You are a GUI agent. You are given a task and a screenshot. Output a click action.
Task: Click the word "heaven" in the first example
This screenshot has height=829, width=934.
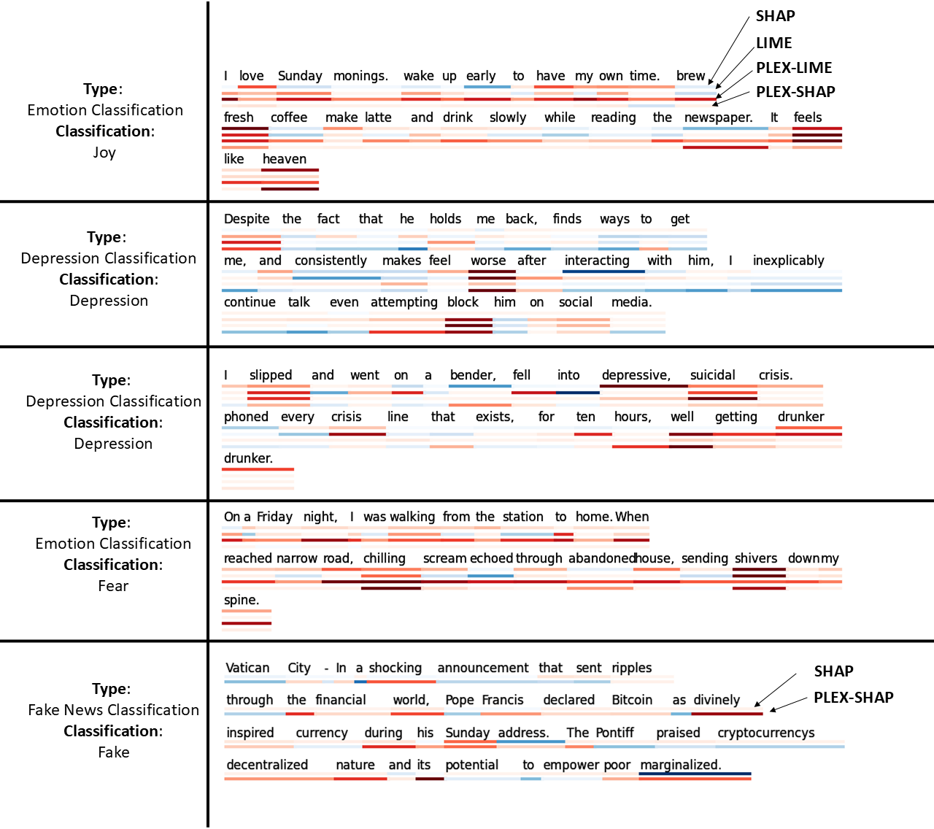pos(284,159)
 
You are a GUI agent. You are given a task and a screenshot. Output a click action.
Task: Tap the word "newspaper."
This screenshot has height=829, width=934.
pos(718,117)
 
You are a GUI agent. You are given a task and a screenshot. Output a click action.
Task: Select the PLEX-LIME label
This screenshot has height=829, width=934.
pos(794,68)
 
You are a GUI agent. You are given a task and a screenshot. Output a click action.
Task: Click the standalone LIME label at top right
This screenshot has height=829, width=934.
pos(773,43)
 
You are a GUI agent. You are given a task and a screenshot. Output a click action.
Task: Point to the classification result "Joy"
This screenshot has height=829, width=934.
pos(104,153)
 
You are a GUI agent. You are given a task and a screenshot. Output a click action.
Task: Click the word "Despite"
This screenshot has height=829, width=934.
pos(247,219)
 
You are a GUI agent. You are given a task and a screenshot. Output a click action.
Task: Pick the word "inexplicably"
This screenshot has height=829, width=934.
pos(788,261)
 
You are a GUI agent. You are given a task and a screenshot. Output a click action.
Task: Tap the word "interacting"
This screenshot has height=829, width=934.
pos(597,261)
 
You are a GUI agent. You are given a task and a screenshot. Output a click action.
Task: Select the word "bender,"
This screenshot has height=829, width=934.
pos(473,375)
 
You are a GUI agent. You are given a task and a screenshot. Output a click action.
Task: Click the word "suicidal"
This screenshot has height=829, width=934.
pos(712,375)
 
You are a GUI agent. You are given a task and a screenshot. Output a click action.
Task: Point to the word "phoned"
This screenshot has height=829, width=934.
pos(246,417)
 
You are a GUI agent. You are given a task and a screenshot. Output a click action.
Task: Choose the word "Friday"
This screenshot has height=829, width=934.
pos(274,517)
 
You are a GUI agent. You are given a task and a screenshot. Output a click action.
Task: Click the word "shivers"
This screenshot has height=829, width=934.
pos(756,558)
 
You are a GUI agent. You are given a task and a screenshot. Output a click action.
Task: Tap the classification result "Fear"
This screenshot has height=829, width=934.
pos(113,586)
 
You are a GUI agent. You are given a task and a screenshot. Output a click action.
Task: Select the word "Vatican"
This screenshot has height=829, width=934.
pos(247,668)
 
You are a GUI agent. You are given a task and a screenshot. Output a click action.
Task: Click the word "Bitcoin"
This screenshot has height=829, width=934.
pos(632,700)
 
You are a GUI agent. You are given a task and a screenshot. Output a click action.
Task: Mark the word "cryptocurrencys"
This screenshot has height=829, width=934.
pos(765,733)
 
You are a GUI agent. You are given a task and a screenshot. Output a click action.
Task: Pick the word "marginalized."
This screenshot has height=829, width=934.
pos(680,765)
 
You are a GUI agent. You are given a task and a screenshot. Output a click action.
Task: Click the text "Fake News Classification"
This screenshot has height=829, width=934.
pos(114,710)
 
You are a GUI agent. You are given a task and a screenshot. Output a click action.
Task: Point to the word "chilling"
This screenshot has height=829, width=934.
pos(385,558)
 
